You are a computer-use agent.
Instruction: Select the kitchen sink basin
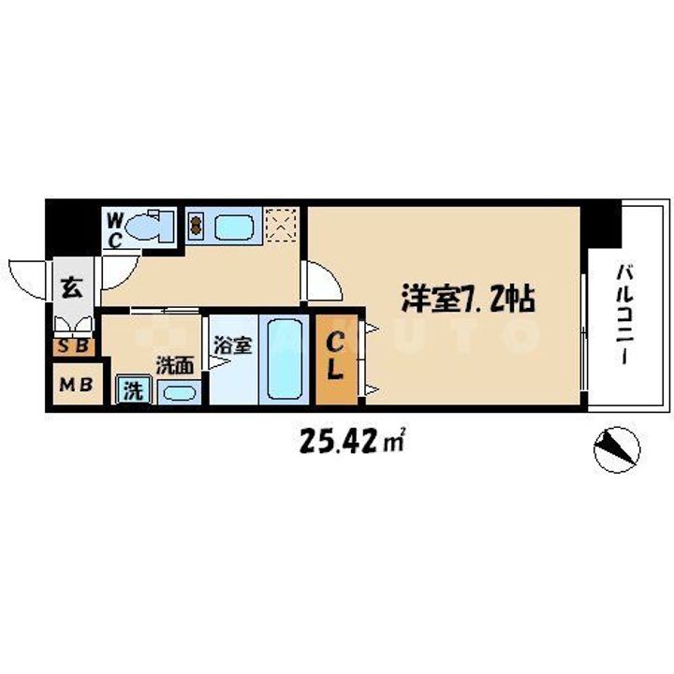(x=231, y=226)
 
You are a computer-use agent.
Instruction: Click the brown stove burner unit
(x=197, y=226)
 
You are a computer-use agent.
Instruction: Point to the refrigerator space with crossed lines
(x=281, y=225)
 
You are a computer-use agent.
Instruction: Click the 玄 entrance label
(x=72, y=286)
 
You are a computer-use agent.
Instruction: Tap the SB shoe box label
(x=72, y=347)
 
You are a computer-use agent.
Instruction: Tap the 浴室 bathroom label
(x=232, y=344)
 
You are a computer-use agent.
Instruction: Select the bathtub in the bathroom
(x=283, y=359)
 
